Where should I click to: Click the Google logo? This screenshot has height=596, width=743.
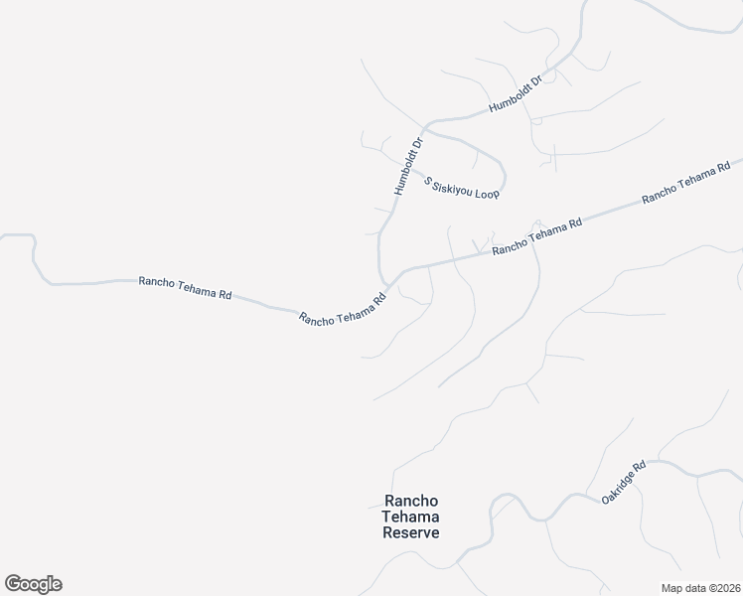pyautogui.click(x=33, y=584)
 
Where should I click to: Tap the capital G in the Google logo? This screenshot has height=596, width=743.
pyautogui.click(x=13, y=583)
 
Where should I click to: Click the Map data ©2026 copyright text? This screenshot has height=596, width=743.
pyautogui.click(x=701, y=587)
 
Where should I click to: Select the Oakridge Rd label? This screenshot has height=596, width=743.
pyautogui.click(x=624, y=482)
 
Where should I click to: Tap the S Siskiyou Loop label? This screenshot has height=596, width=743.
pyautogui.click(x=462, y=188)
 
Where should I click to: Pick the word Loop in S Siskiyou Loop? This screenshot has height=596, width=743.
pyautogui.click(x=487, y=194)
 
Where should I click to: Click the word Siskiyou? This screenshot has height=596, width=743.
pyautogui.click(x=453, y=185)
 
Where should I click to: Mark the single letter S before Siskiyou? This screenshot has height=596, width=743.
pyautogui.click(x=428, y=180)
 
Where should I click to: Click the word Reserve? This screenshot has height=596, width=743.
pyautogui.click(x=411, y=532)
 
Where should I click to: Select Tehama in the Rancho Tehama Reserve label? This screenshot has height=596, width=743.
pyautogui.click(x=411, y=517)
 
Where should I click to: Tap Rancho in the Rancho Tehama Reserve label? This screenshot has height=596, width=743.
pyautogui.click(x=411, y=502)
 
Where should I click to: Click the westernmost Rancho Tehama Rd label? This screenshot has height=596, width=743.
pyautogui.click(x=186, y=288)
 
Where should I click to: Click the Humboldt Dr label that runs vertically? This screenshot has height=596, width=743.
pyautogui.click(x=408, y=165)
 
